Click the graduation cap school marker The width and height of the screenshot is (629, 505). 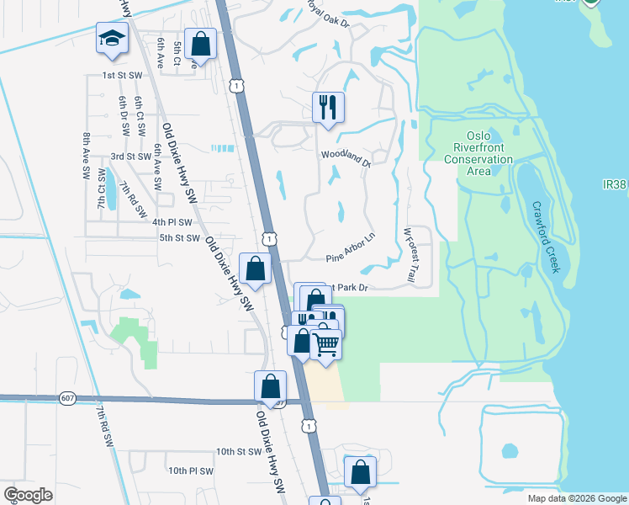pyautogui.click(x=111, y=40)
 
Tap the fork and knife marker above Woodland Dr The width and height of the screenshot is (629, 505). pyautogui.click(x=328, y=108)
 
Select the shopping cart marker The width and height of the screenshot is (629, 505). pyautogui.click(x=325, y=343)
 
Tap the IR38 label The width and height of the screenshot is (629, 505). pyautogui.click(x=615, y=183)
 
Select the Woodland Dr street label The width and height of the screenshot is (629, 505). pyautogui.click(x=346, y=155)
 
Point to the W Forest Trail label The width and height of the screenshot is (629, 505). pyautogui.click(x=410, y=254)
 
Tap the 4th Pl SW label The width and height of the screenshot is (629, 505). pyautogui.click(x=172, y=222)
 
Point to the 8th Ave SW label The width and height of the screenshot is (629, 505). pyautogui.click(x=86, y=155)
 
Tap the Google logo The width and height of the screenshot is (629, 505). pyautogui.click(x=28, y=495)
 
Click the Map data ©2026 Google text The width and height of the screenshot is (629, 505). pyautogui.click(x=576, y=498)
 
